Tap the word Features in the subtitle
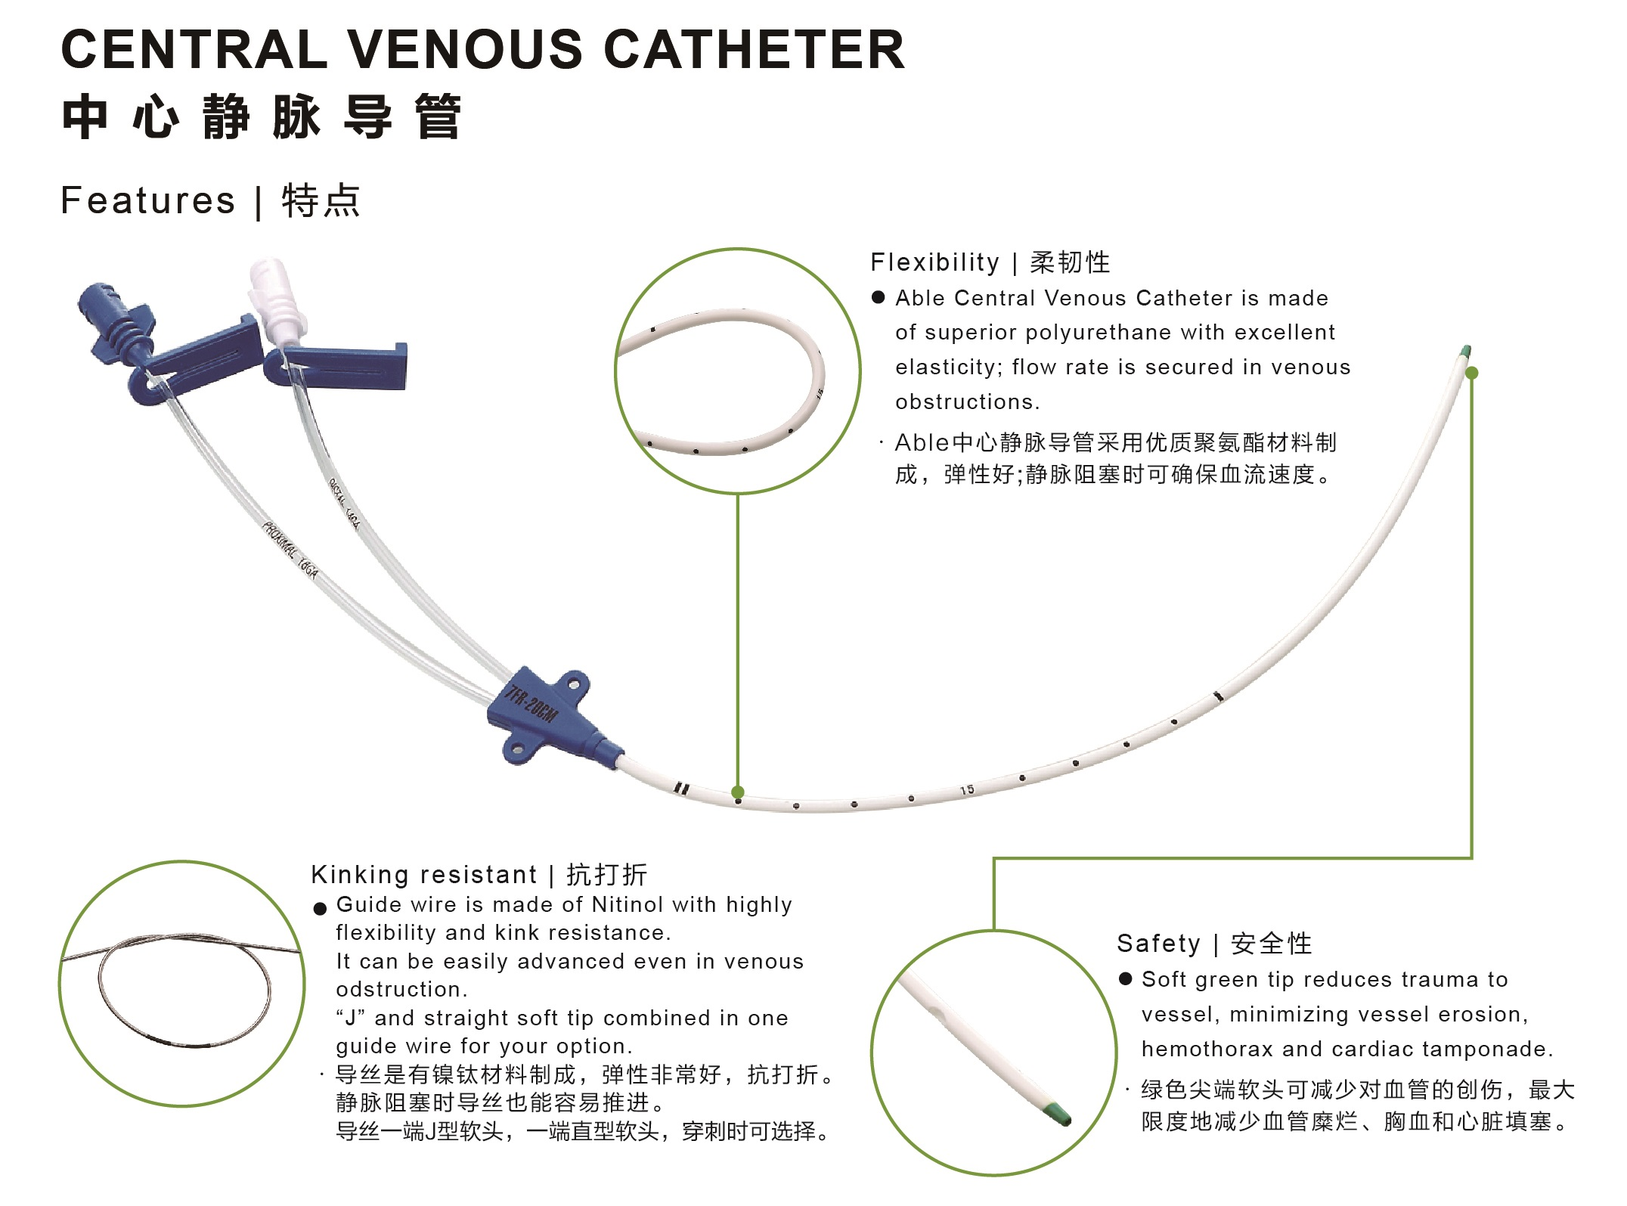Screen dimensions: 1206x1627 (148, 201)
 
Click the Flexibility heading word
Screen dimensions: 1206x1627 (935, 262)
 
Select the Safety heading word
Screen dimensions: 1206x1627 (1158, 944)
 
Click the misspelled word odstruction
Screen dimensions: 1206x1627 (401, 990)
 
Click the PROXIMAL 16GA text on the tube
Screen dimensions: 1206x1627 (290, 550)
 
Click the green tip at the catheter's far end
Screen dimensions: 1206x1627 (1466, 352)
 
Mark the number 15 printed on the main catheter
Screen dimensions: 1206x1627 (967, 790)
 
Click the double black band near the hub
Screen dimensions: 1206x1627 (682, 789)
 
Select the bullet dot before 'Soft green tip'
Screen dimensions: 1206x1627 (1125, 979)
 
